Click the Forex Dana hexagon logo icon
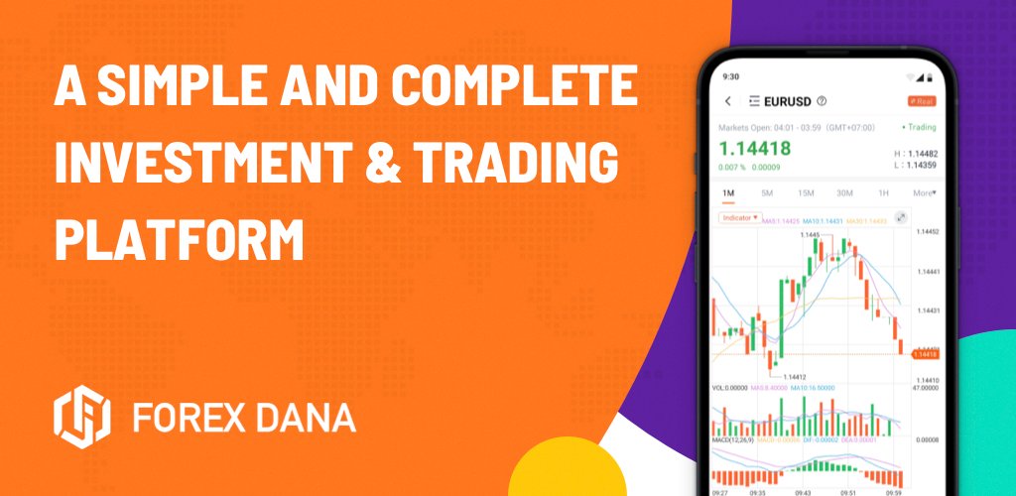(84, 418)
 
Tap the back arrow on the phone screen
(728, 101)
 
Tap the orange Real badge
(921, 101)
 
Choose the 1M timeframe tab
(728, 192)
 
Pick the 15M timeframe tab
(806, 192)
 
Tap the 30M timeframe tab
(844, 192)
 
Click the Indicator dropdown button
(739, 216)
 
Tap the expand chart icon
(901, 217)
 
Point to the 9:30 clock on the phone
(731, 75)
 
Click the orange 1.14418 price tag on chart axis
(924, 354)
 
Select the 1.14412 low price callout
(794, 377)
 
